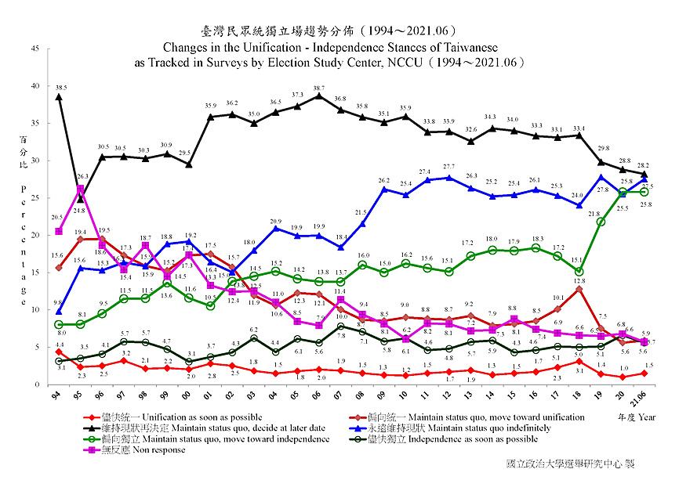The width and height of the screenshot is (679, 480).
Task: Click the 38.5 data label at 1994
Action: point(60,87)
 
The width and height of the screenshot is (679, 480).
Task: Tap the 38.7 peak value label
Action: point(318,88)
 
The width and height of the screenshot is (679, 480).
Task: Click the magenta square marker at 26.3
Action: point(81,189)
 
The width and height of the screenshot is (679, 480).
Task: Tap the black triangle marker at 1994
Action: point(59,97)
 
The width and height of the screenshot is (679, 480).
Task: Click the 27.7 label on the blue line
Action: point(448,168)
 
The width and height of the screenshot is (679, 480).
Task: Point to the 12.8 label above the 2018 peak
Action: point(579,280)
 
